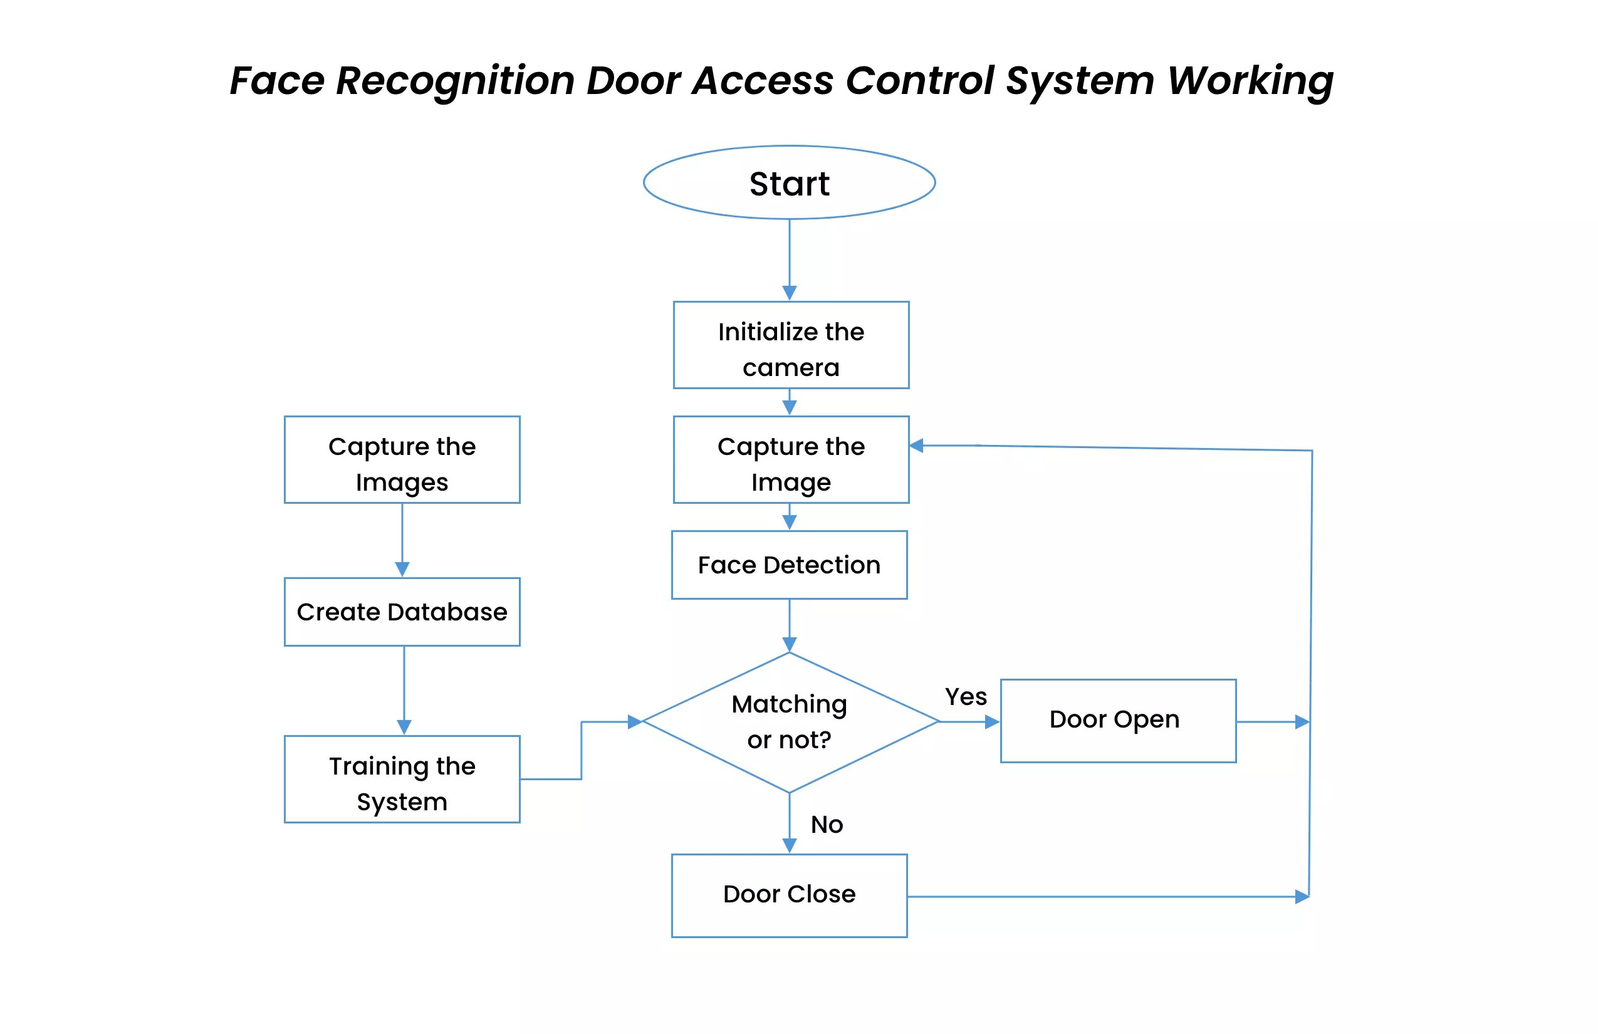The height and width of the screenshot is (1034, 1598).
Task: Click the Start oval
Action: tap(789, 182)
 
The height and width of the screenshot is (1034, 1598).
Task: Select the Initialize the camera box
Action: tap(791, 345)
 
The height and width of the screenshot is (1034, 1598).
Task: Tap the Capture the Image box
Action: tap(791, 460)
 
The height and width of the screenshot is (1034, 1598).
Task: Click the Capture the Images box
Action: tap(402, 460)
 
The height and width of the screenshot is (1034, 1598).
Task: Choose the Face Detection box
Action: tap(789, 565)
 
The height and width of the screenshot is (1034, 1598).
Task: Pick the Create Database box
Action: tap(402, 612)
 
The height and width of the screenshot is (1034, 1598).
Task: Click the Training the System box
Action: tap(402, 780)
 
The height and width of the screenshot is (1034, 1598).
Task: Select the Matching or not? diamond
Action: tap(789, 723)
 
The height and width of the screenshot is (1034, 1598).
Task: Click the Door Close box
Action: tap(789, 896)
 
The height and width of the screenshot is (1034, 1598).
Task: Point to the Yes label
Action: tap(966, 697)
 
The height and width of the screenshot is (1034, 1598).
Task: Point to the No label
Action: tap(827, 825)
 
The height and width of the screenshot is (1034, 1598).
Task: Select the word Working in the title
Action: tap(1250, 81)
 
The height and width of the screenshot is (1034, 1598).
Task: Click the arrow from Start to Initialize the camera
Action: tap(790, 258)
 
